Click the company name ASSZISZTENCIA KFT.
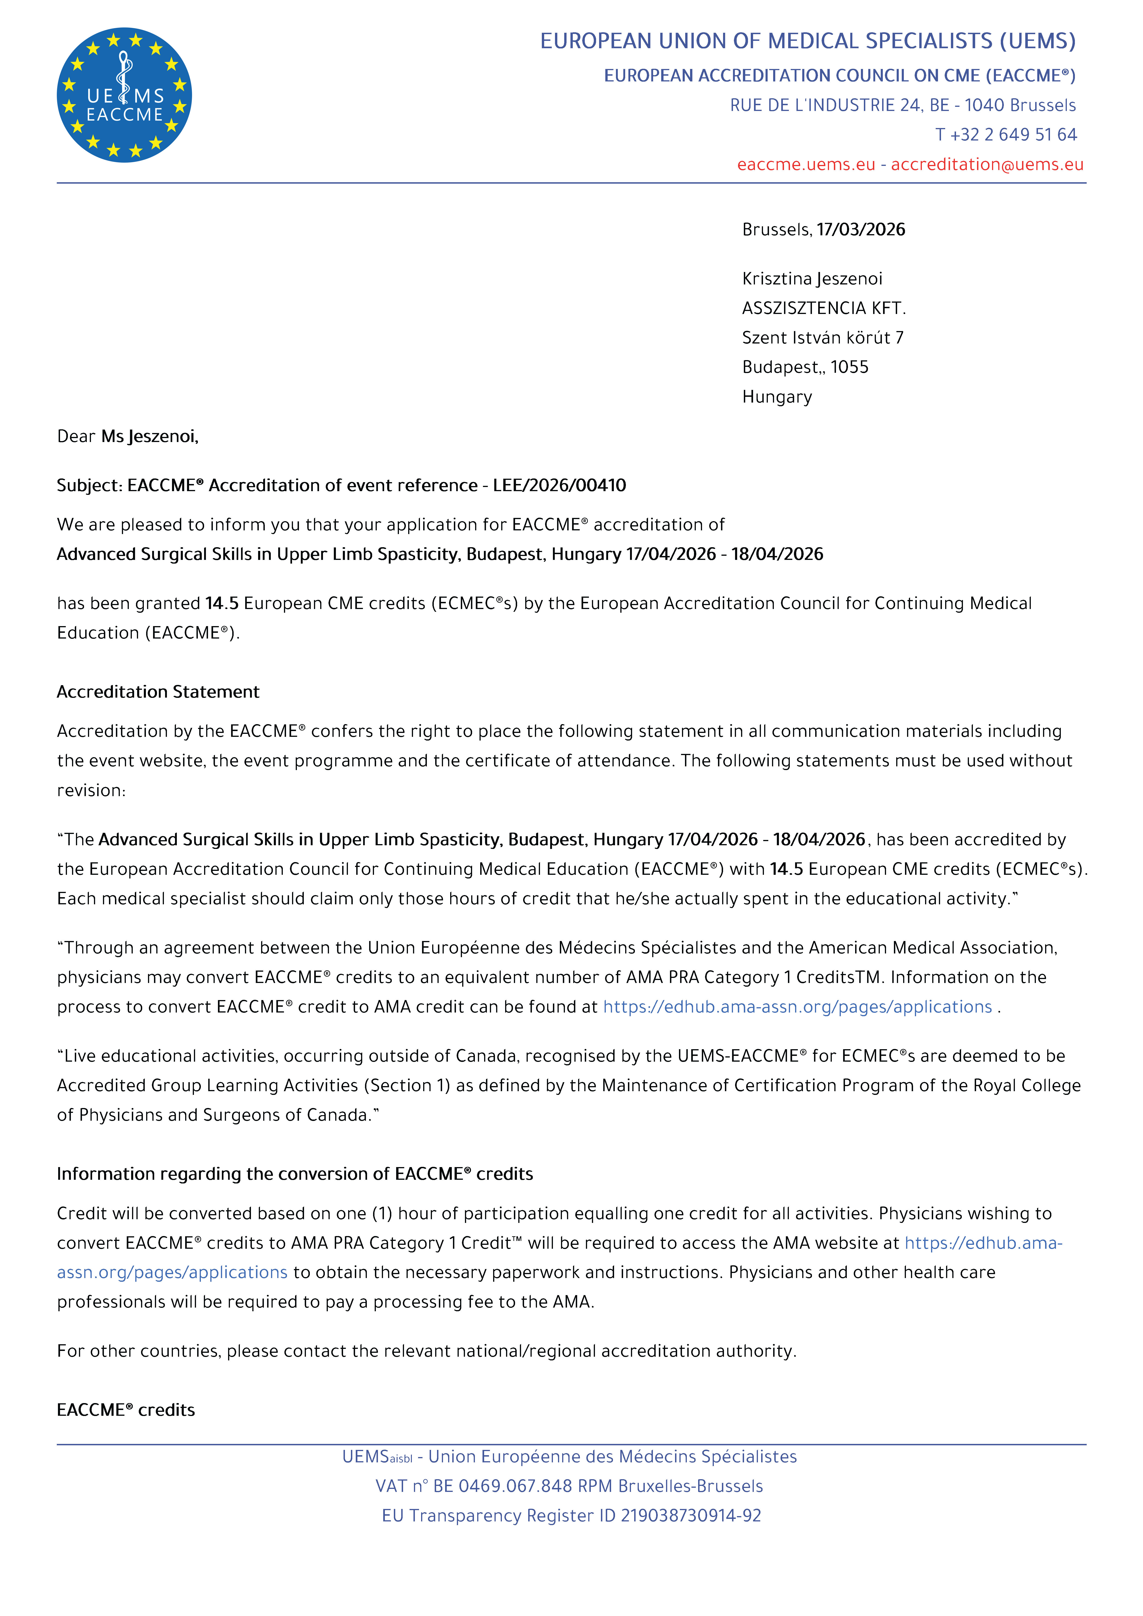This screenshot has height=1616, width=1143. click(823, 308)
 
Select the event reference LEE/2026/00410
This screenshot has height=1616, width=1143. click(559, 486)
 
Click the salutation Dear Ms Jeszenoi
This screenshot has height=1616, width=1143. click(127, 437)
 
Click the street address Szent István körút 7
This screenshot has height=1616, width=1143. click(822, 338)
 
